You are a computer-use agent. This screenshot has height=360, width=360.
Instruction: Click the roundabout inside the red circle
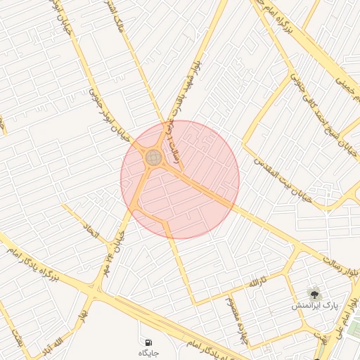point(153,157)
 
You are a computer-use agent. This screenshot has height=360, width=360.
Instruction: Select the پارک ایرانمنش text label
point(315,307)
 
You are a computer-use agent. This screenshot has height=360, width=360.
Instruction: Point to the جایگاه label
point(148,350)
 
